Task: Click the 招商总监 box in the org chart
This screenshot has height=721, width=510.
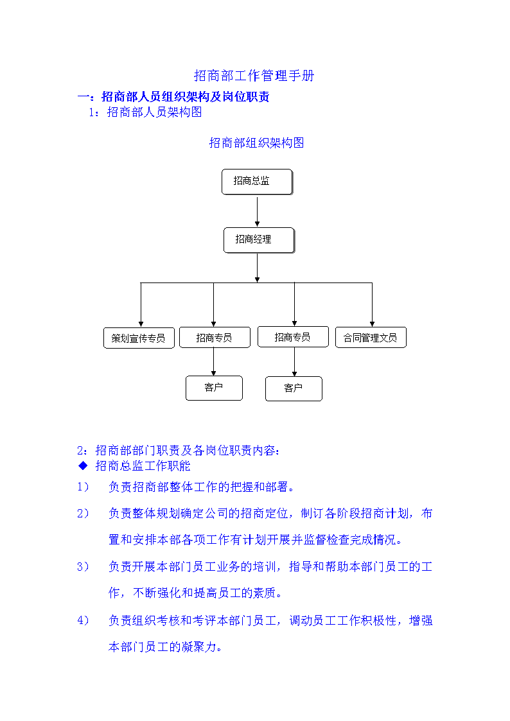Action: pos(257,182)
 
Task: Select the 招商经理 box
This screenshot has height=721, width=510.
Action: pos(259,240)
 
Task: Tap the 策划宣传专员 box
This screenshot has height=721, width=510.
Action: pos(139,338)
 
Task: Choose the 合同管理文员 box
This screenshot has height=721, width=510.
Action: pos(371,338)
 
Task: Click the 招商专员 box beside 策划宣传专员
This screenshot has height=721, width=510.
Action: pos(215,338)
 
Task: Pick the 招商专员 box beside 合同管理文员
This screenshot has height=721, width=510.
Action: pos(294,337)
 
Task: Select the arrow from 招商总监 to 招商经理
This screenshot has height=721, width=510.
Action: pos(257,213)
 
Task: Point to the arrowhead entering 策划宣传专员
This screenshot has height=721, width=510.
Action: pos(141,324)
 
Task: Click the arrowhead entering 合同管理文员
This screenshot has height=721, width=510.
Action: pos(372,324)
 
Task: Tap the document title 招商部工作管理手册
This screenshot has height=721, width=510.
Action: pos(254,75)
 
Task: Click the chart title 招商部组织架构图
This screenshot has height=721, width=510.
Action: pos(257,143)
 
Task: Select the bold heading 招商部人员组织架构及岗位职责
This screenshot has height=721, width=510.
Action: pos(186,96)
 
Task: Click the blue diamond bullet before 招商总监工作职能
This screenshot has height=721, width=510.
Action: pos(84,466)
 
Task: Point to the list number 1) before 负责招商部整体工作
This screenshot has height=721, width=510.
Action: pos(84,487)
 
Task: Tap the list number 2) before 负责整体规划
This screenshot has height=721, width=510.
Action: pos(84,513)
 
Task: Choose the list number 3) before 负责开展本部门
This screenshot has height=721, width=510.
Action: pos(84,566)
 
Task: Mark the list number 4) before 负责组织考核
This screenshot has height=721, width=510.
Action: pos(84,620)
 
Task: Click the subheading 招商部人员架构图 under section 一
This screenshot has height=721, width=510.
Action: pos(155,112)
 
